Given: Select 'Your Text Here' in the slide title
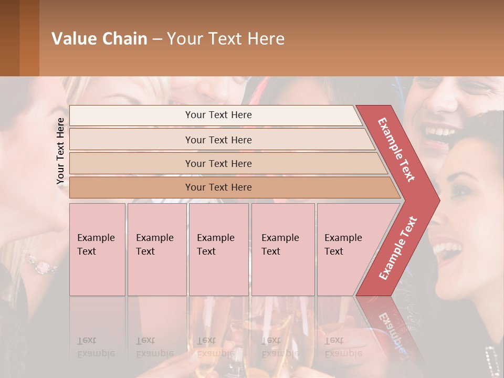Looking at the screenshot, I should click(x=226, y=39).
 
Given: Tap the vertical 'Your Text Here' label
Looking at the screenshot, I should click(x=60, y=151).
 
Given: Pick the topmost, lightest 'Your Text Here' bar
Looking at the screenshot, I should click(x=218, y=115).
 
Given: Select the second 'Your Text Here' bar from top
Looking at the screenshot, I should click(x=218, y=140).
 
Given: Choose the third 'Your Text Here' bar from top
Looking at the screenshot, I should click(x=218, y=163).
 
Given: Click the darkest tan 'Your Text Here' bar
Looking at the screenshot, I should click(x=218, y=187).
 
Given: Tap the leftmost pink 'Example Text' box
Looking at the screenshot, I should click(x=97, y=249).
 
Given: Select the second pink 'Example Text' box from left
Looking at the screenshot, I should click(x=157, y=249).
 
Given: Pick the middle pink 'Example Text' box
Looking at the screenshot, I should click(x=218, y=249).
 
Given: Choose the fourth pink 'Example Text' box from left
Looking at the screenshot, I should click(x=283, y=249).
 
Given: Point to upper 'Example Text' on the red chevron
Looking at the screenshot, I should click(x=397, y=150).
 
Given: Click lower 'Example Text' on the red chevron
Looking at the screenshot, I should click(x=398, y=248).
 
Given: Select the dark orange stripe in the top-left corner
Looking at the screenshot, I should click(x=29, y=38).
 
